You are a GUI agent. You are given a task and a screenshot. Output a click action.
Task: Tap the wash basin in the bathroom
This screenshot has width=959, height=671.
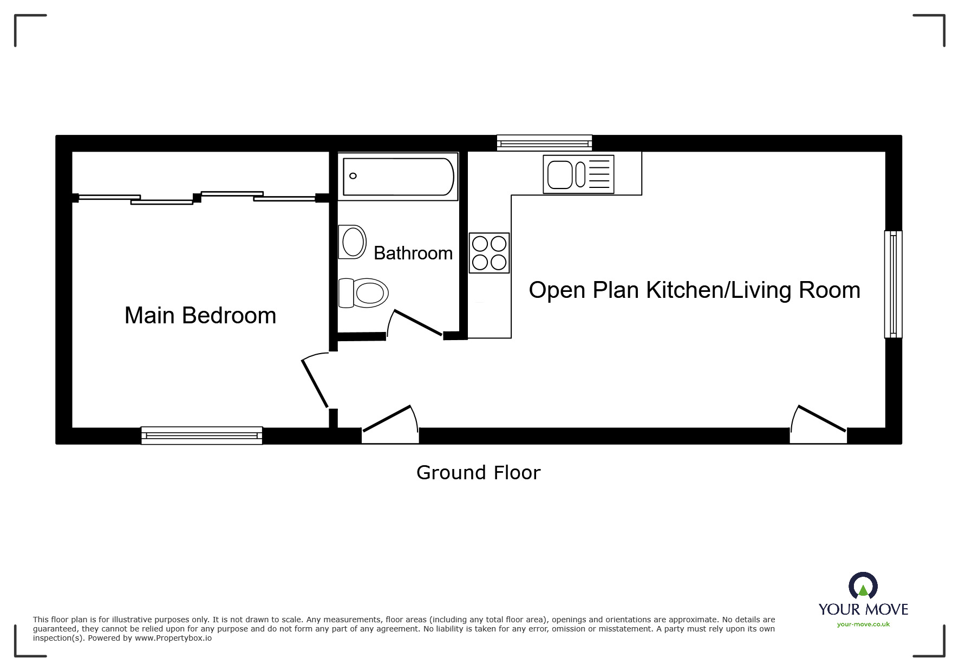[x=353, y=242]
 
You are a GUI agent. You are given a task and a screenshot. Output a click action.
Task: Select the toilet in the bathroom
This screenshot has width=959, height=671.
[x=364, y=293]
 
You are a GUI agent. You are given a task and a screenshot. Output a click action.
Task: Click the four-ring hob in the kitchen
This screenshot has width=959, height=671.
[x=489, y=253]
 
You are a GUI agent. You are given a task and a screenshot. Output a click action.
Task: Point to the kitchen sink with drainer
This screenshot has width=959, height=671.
[x=578, y=174]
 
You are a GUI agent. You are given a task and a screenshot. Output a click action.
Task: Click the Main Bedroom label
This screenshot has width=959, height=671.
[x=200, y=316]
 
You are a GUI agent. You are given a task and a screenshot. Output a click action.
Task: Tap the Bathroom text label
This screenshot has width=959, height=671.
[x=413, y=253]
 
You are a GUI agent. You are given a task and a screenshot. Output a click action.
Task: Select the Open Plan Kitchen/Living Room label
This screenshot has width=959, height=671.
[x=694, y=290]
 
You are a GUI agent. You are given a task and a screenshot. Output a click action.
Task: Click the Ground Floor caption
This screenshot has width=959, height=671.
[x=478, y=473]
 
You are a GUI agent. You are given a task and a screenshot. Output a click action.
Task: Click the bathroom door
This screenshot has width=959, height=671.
[x=417, y=323]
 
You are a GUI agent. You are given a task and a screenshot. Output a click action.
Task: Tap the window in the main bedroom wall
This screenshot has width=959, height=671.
[x=201, y=435]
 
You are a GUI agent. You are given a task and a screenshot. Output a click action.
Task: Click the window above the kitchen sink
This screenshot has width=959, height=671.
[x=544, y=143]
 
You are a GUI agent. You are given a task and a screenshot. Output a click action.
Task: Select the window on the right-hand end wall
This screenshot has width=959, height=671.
[x=893, y=284]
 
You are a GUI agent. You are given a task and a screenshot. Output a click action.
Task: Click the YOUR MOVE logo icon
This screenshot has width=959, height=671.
[x=863, y=587]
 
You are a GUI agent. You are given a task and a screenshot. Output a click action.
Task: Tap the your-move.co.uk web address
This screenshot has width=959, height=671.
[x=863, y=624]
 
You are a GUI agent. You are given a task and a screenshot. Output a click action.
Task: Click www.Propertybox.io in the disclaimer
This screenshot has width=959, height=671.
[x=173, y=638]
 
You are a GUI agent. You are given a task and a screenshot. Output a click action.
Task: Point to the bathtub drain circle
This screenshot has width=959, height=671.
[x=353, y=176]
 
